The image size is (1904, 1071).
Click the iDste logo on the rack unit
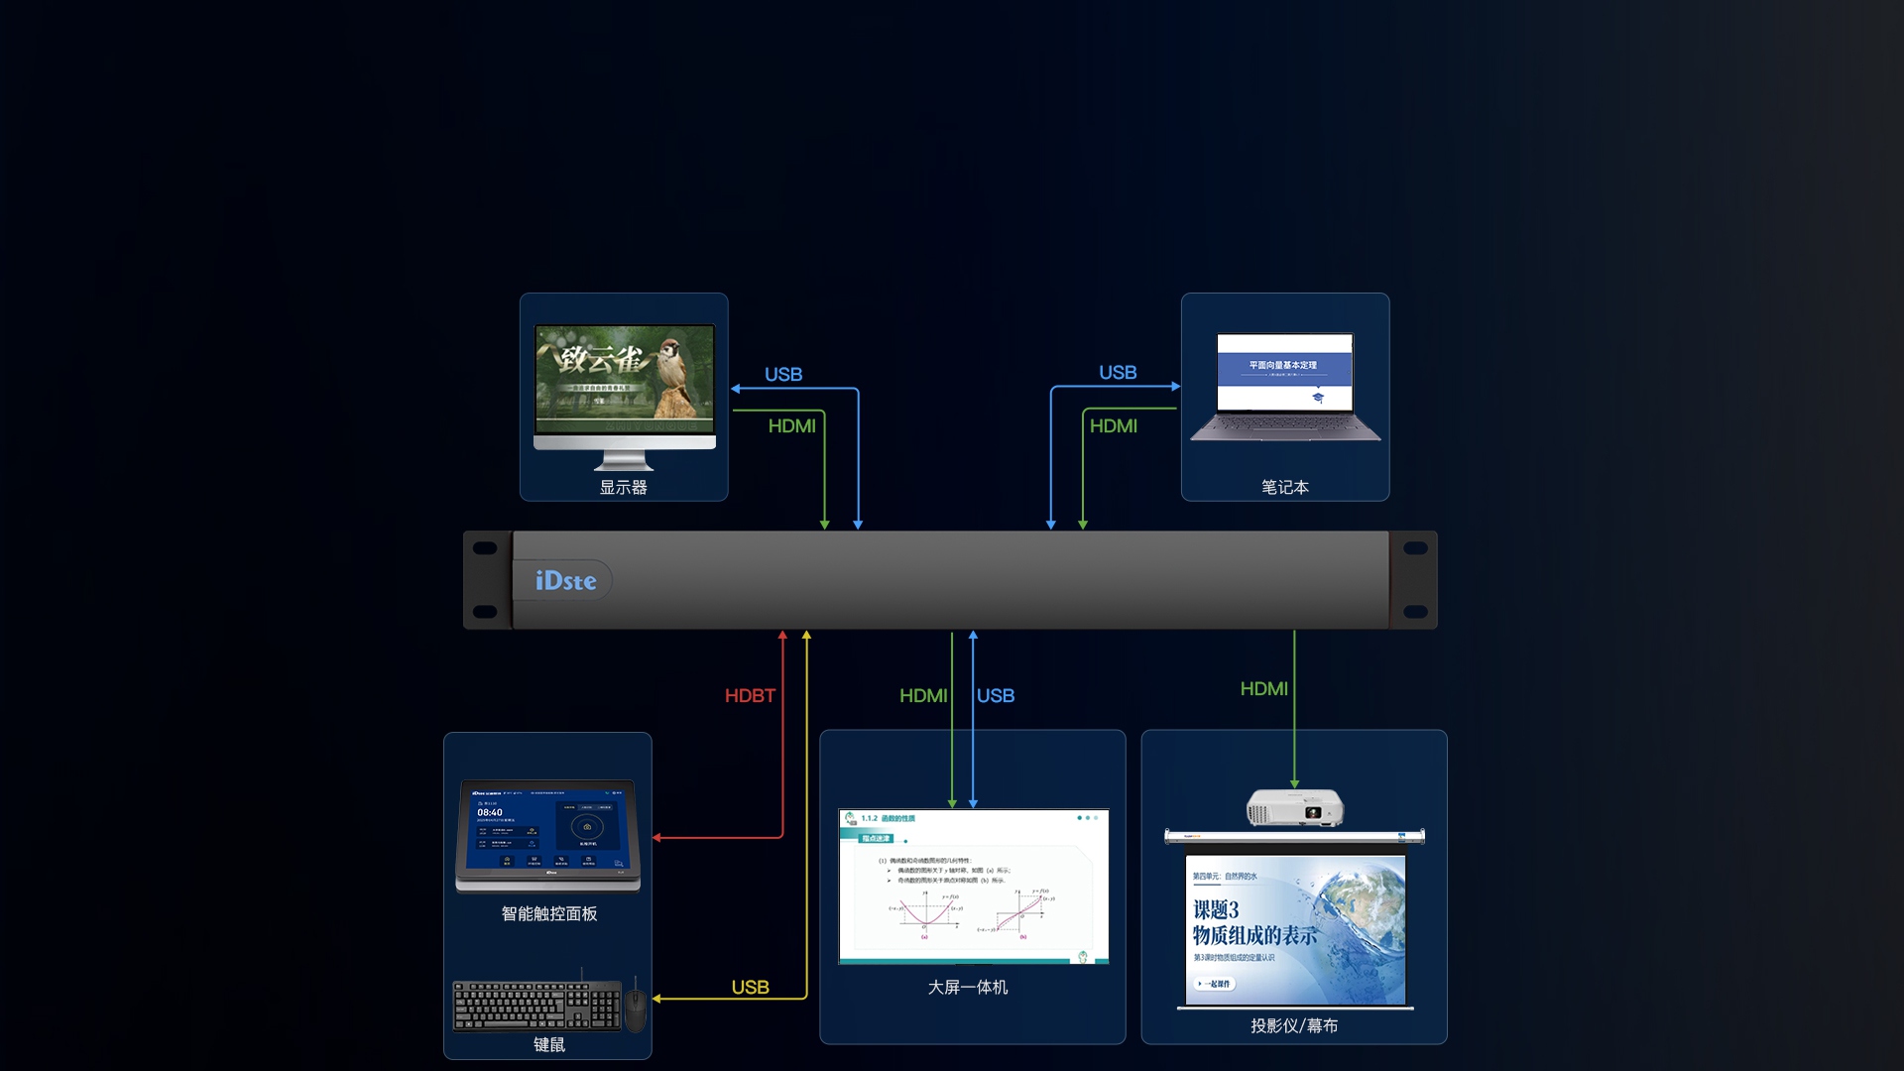(x=565, y=581)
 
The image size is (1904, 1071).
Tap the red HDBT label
(x=750, y=696)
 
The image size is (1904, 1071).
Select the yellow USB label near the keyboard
(x=750, y=988)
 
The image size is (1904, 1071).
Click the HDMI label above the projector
(x=1263, y=689)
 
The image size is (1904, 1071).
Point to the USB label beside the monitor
(x=783, y=375)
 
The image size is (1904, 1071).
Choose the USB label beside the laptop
(x=1118, y=373)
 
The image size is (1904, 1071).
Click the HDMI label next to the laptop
(x=1113, y=426)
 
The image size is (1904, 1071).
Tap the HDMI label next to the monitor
(x=791, y=426)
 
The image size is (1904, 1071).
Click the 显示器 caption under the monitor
(x=623, y=488)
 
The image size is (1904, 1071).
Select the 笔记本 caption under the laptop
(x=1285, y=488)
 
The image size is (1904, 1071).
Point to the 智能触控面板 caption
(x=549, y=914)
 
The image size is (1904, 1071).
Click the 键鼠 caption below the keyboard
(x=549, y=1045)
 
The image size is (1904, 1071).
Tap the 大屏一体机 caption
(x=968, y=988)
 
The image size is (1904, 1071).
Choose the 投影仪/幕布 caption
(x=1294, y=1026)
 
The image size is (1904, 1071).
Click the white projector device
(x=1294, y=807)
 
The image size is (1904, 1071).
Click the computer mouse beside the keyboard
(x=636, y=1009)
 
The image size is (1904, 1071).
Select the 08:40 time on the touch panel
(x=490, y=813)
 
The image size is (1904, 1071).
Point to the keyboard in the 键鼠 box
(x=536, y=1006)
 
